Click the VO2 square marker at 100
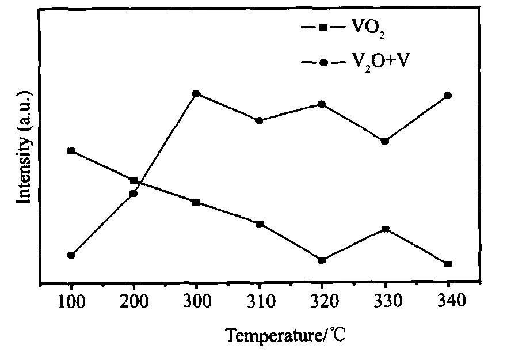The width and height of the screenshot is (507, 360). coord(71,151)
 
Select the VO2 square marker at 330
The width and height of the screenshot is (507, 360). coord(385,229)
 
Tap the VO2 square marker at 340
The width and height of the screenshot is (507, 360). coord(448,264)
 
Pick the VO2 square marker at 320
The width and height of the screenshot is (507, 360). coord(322,260)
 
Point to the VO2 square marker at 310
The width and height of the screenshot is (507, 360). coord(260,223)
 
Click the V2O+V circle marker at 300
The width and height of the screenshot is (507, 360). coord(196,93)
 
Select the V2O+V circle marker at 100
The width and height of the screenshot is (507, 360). coord(71,255)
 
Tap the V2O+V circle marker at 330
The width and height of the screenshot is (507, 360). coord(385,141)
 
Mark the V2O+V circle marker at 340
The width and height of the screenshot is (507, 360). coord(448,95)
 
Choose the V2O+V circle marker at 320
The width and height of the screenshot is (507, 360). coord(322,104)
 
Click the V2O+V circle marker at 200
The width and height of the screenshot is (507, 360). coord(134,193)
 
